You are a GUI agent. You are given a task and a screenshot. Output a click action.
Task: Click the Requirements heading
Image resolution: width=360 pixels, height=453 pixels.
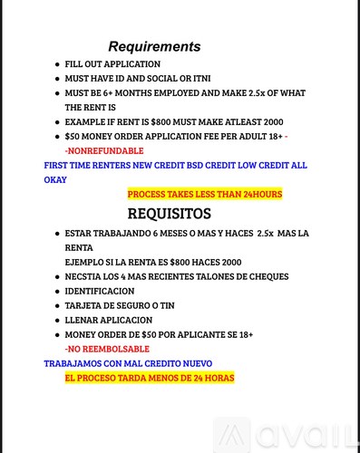(x=154, y=46)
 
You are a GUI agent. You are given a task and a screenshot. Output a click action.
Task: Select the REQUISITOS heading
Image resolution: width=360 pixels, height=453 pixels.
(x=170, y=214)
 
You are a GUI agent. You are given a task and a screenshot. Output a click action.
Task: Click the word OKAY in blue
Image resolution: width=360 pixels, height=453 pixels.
(x=55, y=179)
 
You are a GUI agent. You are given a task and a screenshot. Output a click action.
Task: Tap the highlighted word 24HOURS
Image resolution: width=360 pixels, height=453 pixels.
(x=258, y=194)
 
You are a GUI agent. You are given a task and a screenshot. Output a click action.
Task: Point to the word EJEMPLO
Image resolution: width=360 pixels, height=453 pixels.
(x=85, y=261)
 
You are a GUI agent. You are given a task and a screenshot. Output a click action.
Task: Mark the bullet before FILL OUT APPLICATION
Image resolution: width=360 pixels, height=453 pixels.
(x=57, y=64)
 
